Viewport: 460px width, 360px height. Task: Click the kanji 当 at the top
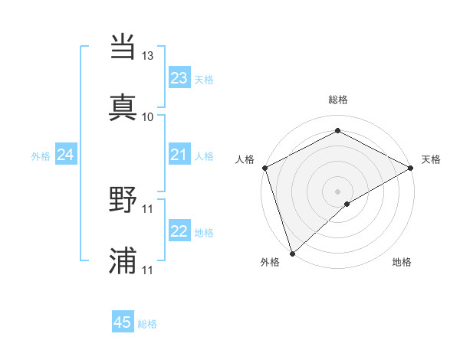123,47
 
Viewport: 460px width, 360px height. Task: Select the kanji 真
123,106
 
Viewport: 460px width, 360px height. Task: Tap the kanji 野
123,201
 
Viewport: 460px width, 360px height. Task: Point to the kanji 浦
123,260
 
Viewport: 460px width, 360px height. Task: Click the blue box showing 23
179,78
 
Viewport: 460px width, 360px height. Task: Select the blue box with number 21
179,155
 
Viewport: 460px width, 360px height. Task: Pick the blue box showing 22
179,232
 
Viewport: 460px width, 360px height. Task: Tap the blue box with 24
66,155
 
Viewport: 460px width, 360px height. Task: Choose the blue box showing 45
123,322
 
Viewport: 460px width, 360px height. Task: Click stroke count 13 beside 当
148,56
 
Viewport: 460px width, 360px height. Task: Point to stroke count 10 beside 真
148,116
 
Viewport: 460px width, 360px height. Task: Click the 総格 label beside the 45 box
147,324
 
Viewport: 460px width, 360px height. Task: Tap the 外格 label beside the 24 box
41,156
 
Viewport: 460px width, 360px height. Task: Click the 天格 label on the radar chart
431,159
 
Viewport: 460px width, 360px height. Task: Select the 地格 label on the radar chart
402,263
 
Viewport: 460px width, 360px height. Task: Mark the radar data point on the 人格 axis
264,167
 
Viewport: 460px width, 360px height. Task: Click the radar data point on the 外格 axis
292,253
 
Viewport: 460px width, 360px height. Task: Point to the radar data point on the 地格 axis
347,204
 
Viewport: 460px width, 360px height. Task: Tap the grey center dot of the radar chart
337,191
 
